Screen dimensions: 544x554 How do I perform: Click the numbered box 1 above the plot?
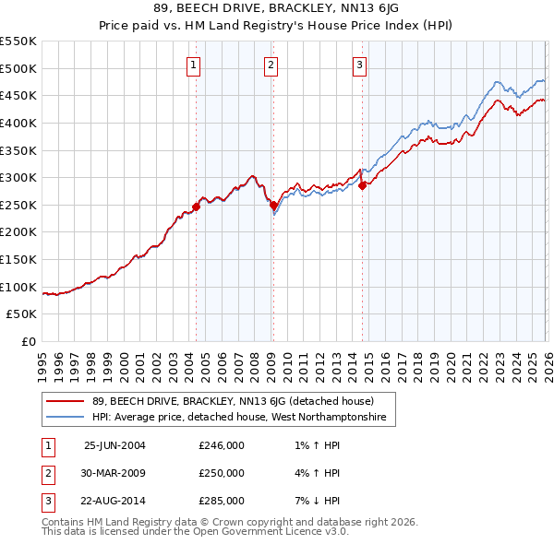click(194, 65)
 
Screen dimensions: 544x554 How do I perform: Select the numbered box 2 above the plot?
click(271, 65)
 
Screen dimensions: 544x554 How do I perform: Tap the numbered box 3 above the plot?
click(359, 65)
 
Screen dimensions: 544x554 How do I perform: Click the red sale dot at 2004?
click(196, 207)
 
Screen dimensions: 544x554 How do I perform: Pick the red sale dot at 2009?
click(273, 206)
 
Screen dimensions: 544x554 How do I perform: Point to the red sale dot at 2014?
click(362, 185)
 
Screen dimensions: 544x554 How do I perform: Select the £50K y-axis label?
click(22, 314)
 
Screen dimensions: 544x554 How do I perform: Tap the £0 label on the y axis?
click(30, 342)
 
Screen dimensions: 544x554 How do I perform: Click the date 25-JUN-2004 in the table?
click(114, 445)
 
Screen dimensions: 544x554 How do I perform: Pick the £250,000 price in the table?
click(222, 473)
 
